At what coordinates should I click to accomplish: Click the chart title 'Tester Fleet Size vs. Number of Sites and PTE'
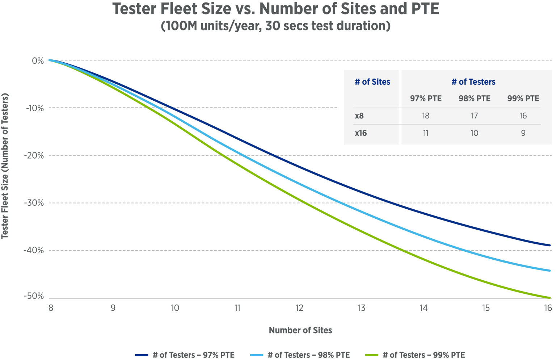pos(275,9)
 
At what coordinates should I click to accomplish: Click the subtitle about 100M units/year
pos(275,26)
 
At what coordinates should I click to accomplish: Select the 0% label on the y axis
pos(38,61)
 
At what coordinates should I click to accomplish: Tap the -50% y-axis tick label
pos(34,296)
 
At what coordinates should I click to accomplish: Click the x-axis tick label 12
pos(299,308)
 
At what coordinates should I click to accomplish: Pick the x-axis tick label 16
pos(548,308)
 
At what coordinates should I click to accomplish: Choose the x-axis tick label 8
pos(51,308)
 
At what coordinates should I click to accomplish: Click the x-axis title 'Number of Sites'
pos(300,330)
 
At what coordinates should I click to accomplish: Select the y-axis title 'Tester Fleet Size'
pos(5,166)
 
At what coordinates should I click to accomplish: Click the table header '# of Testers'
pos(473,82)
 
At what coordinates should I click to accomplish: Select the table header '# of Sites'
pos(372,82)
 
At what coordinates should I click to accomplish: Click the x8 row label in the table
pos(359,116)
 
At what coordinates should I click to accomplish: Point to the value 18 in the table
pos(425,116)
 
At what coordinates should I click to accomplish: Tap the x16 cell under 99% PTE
pos(523,133)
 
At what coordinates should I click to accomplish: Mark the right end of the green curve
pos(549,298)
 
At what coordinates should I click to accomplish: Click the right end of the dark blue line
pos(549,245)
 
